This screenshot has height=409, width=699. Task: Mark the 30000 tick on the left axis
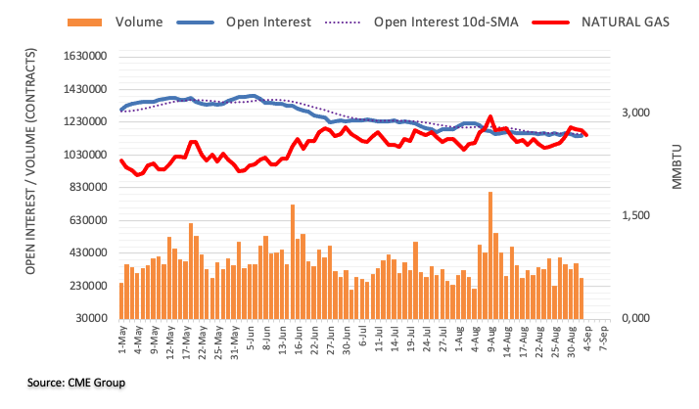[89, 318]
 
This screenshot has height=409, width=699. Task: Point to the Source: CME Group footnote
[68, 381]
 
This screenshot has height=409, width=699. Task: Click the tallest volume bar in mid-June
[293, 261]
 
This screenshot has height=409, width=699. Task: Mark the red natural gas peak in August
[489, 116]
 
